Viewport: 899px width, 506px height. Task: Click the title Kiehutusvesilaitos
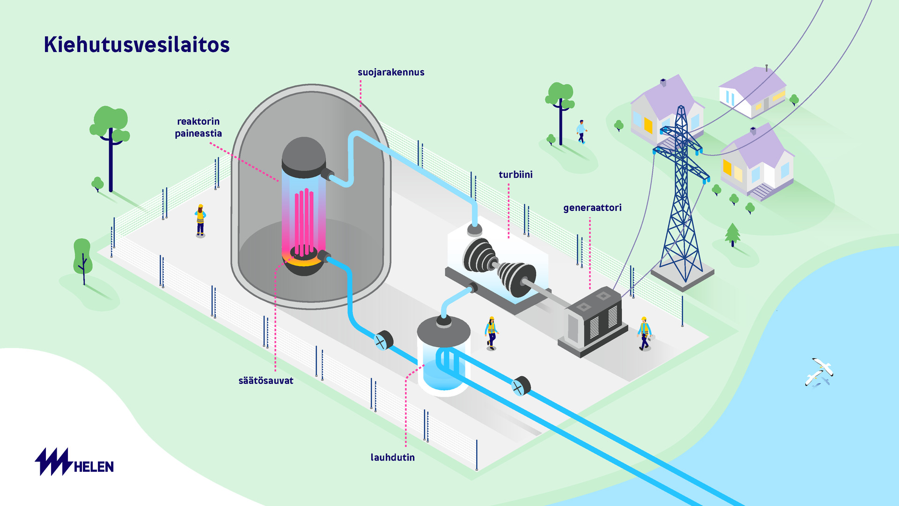coord(137,45)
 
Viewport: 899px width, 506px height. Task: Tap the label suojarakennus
coord(391,72)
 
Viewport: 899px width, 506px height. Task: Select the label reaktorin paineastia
coord(198,127)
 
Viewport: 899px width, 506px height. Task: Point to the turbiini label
coord(516,175)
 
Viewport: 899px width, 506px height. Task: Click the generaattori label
coord(592,208)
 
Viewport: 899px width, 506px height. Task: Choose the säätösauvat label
coord(266,380)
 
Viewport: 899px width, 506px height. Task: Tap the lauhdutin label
coord(392,457)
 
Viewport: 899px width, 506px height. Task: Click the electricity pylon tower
coord(681,197)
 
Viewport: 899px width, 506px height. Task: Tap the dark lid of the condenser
coord(443,330)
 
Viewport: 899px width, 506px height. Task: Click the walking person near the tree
coord(581,132)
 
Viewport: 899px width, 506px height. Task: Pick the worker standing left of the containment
coord(200,220)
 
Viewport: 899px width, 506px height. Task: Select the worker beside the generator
coord(644,334)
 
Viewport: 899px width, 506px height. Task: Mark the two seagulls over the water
coord(819,372)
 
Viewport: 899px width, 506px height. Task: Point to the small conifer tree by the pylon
coord(732,234)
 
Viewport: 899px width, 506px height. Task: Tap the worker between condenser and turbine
coord(491,333)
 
